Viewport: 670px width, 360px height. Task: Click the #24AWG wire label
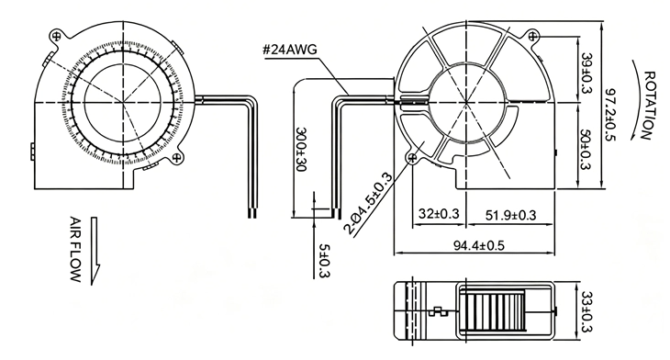pyautogui.click(x=290, y=50)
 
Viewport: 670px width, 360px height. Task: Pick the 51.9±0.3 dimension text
pyautogui.click(x=510, y=215)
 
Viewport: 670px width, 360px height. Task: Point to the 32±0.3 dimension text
pyautogui.click(x=439, y=213)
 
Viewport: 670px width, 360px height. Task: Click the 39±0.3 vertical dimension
pyautogui.click(x=587, y=74)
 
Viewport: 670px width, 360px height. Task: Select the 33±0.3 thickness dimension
pyautogui.click(x=587, y=312)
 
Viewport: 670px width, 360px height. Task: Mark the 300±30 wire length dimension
pyautogui.click(x=302, y=149)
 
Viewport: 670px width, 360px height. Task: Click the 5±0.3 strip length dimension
pyautogui.click(x=325, y=261)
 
